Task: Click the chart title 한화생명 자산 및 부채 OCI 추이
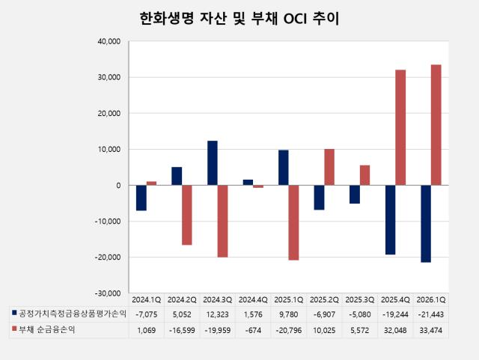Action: pyautogui.click(x=239, y=19)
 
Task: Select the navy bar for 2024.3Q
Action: pyautogui.click(x=213, y=163)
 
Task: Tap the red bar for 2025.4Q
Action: pyautogui.click(x=400, y=127)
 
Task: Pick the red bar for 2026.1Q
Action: pyautogui.click(x=436, y=125)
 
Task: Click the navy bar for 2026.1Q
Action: pyautogui.click(x=426, y=224)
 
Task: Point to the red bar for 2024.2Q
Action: pyautogui.click(x=187, y=215)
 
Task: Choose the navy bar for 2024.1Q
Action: pyautogui.click(x=141, y=198)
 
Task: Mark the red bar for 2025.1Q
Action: pyautogui.click(x=293, y=222)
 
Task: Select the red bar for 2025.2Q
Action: pyautogui.click(x=329, y=167)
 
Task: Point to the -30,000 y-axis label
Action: pyautogui.click(x=108, y=293)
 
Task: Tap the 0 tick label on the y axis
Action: pyautogui.click(x=118, y=185)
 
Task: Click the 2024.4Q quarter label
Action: pyautogui.click(x=253, y=300)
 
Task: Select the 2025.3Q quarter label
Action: pyautogui.click(x=360, y=300)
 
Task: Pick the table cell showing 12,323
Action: pyautogui.click(x=218, y=314)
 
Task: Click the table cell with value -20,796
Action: pyautogui.click(x=289, y=330)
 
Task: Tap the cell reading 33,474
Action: pyautogui.click(x=431, y=330)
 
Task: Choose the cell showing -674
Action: pyautogui.click(x=253, y=330)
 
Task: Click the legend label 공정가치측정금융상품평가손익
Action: pyautogui.click(x=73, y=314)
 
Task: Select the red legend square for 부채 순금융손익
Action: pyautogui.click(x=14, y=329)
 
